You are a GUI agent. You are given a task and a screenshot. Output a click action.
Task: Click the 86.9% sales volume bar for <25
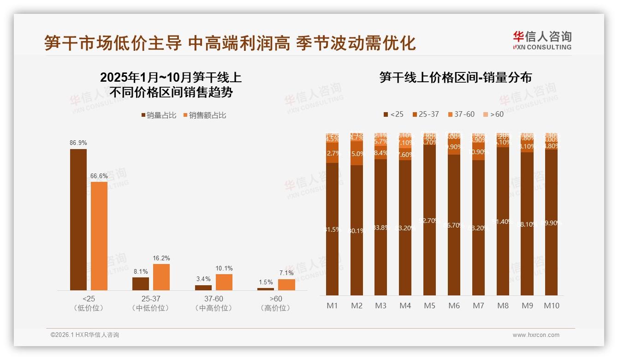pyautogui.click(x=78, y=219)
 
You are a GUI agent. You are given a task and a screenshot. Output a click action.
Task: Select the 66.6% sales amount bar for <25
pyautogui.click(x=99, y=236)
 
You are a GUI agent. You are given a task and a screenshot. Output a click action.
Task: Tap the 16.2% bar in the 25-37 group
pyautogui.click(x=161, y=277)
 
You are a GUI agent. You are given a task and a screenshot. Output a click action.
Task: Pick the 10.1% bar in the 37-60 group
pyautogui.click(x=224, y=282)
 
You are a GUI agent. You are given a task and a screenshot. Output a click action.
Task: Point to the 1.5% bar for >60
pyautogui.click(x=266, y=289)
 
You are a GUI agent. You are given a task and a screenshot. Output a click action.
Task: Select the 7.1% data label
pyautogui.click(x=286, y=273)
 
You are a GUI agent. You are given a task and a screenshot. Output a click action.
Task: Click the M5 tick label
pyautogui.click(x=429, y=306)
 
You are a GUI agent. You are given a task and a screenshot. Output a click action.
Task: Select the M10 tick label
pyautogui.click(x=551, y=306)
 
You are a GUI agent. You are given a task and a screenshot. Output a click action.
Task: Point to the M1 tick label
pyautogui.click(x=332, y=306)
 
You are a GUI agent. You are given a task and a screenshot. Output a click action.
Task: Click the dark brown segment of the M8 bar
pyautogui.click(x=503, y=222)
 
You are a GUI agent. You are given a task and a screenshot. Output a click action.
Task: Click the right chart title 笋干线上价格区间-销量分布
pyautogui.click(x=455, y=78)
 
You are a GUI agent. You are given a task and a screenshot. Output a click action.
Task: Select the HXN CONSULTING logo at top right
pyautogui.click(x=542, y=40)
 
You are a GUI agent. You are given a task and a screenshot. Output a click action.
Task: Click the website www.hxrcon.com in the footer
pyautogui.click(x=536, y=335)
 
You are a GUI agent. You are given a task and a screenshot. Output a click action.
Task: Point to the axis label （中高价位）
pyautogui.click(x=214, y=308)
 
